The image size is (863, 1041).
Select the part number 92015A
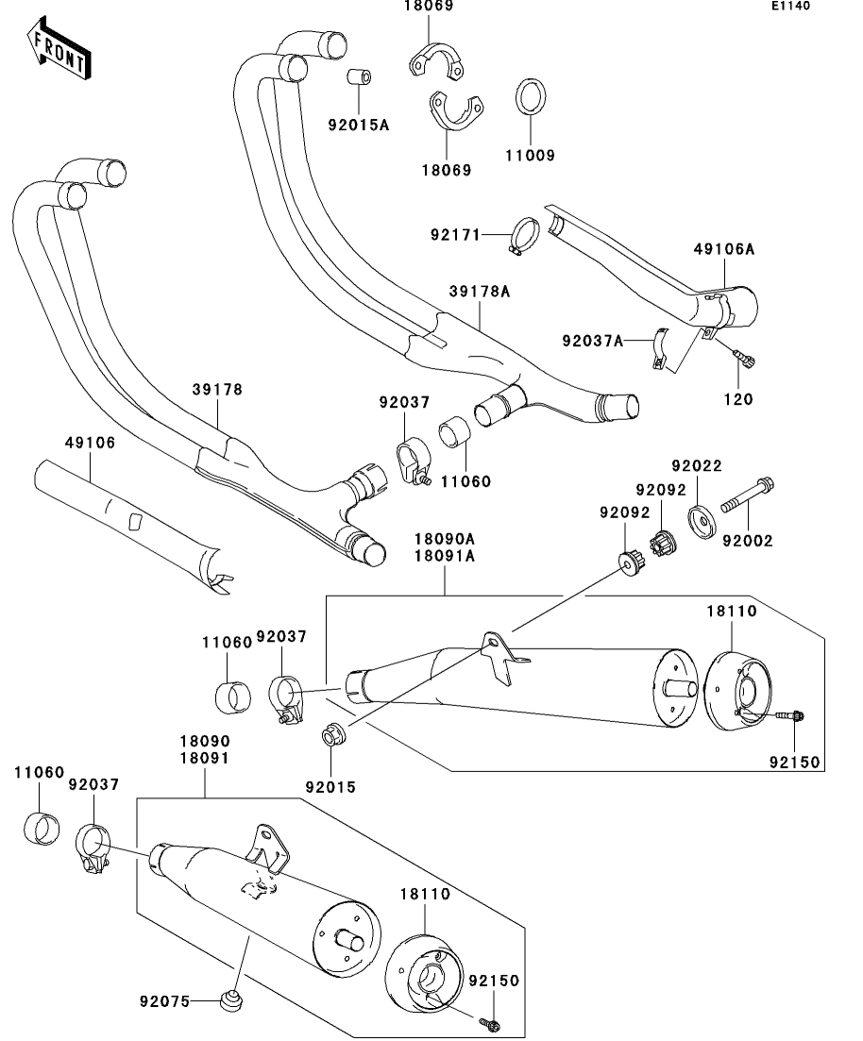[x=359, y=125]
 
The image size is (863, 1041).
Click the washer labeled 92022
[x=701, y=521]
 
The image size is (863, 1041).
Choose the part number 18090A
[x=443, y=539]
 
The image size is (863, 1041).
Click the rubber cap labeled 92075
[x=228, y=999]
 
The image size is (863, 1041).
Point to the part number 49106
[x=91, y=443]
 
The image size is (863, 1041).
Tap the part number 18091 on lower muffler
[x=205, y=758]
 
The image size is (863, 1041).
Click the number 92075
[x=166, y=1000]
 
